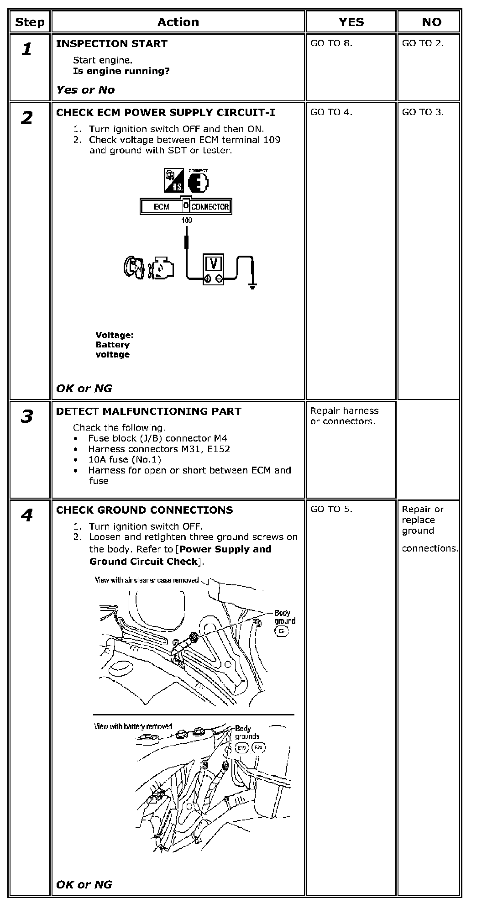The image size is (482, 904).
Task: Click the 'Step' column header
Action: [30, 22]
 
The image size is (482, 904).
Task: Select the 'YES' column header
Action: [351, 22]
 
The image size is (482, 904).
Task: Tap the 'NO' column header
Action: [431, 22]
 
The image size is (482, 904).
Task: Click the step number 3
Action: [27, 417]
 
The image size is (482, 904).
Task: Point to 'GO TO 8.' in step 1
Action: [331, 43]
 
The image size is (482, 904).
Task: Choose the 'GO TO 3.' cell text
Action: [423, 112]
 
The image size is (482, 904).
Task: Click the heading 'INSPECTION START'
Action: [111, 44]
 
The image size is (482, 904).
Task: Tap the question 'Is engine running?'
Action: [121, 71]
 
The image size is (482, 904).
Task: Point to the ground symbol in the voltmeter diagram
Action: [252, 286]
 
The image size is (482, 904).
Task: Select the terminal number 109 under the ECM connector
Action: [186, 221]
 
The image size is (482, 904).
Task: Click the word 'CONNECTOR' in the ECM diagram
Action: [210, 207]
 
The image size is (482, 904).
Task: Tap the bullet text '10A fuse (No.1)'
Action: [125, 459]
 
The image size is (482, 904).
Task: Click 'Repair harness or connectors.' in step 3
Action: [344, 416]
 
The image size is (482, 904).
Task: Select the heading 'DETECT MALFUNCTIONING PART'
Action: [148, 411]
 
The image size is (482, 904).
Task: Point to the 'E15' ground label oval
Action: [241, 748]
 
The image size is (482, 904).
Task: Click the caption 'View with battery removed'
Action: [133, 726]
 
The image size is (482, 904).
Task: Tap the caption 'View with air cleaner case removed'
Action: [147, 580]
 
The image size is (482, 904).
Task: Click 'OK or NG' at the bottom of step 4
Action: [84, 884]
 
